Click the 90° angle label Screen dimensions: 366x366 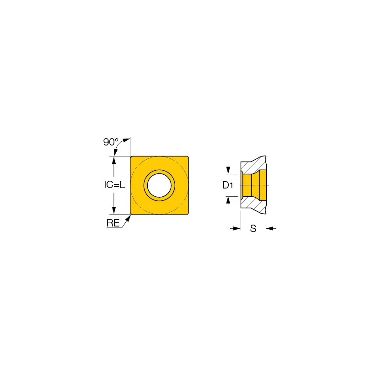pyautogui.click(x=111, y=142)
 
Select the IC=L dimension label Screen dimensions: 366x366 pyautogui.click(x=115, y=185)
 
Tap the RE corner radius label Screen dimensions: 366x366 pyautogui.click(x=113, y=223)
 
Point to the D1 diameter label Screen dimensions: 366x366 pyautogui.click(x=227, y=185)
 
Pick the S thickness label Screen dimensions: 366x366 pyautogui.click(x=253, y=228)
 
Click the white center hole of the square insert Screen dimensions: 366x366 pyautogui.click(x=159, y=185)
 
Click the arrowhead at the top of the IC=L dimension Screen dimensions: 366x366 pyautogui.click(x=114, y=161)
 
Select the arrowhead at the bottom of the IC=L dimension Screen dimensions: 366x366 pyautogui.click(x=114, y=210)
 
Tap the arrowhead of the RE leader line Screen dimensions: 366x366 pyautogui.click(x=128, y=218)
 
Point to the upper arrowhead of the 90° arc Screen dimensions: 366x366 pyautogui.click(x=126, y=140)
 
